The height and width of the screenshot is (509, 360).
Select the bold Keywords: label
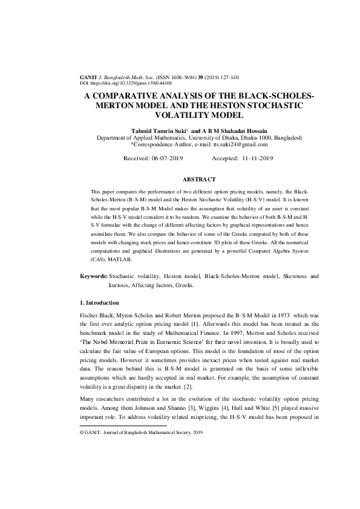click(93, 276)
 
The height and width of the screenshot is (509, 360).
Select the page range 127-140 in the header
click(227, 77)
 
